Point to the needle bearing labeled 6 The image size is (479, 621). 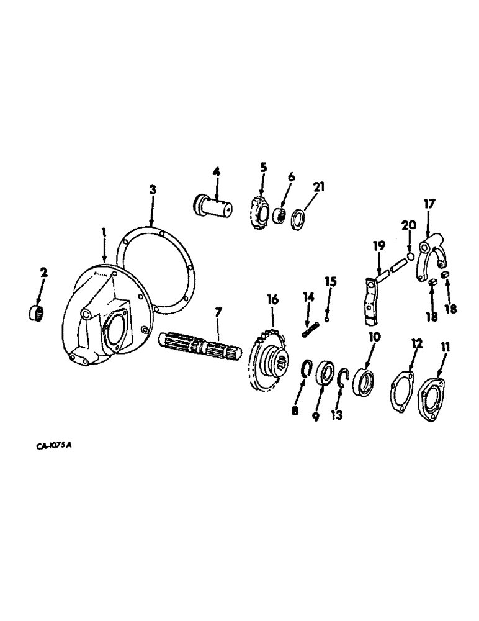[278, 217]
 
